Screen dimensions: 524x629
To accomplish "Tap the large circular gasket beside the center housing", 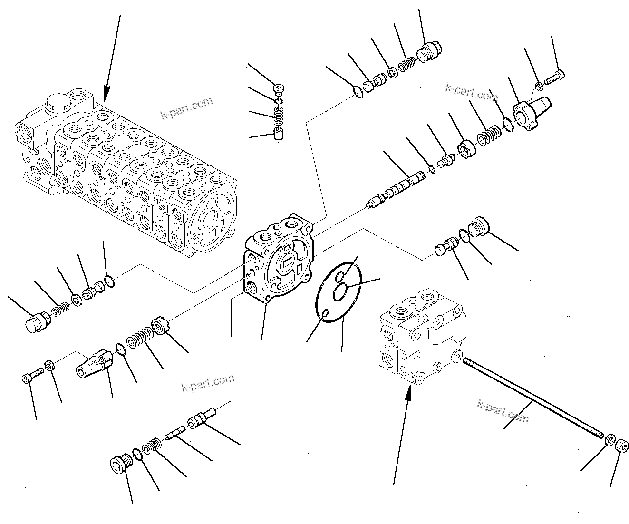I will click(x=339, y=291).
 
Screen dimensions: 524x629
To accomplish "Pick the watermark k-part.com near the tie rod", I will click(x=503, y=411).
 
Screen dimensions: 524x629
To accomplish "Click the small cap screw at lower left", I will click(x=27, y=378).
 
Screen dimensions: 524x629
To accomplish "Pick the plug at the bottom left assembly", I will click(x=118, y=464).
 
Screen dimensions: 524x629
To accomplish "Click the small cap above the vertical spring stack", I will click(x=280, y=88).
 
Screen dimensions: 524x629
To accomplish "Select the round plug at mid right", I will click(x=478, y=226).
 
